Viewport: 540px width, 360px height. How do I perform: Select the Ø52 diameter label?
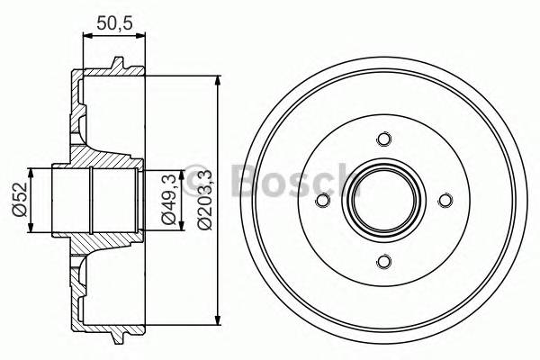coord(17,200)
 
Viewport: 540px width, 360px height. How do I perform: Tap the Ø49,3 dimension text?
coord(167,199)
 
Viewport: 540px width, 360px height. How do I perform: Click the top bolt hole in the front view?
coord(384,139)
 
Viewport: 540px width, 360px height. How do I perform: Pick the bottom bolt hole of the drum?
coord(384,262)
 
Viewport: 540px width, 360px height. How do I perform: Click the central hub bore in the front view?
coord(384,201)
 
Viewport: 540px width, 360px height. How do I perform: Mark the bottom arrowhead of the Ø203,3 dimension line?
coord(220,319)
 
